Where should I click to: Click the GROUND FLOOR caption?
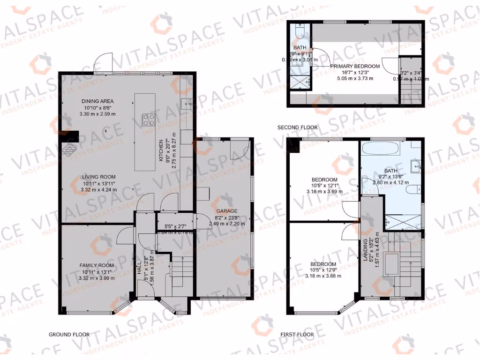point(69,334)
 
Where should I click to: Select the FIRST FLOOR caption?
point(297,334)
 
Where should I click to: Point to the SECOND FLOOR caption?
point(297,127)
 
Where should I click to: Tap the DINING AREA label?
point(97,101)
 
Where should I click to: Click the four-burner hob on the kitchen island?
point(149,120)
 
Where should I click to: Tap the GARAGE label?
point(226,211)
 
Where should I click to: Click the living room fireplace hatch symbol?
point(69,150)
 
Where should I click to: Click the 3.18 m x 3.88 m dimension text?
point(323,276)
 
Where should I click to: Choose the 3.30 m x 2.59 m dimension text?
point(97,114)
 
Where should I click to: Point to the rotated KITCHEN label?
point(160,150)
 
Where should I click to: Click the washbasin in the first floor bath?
point(415,165)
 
